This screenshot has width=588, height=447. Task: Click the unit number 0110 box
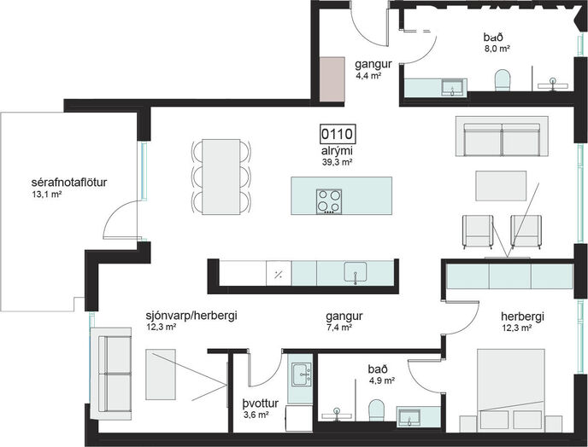[x=338, y=134]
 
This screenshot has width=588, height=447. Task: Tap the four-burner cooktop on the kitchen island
[x=329, y=201]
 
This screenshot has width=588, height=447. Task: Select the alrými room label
[x=337, y=151]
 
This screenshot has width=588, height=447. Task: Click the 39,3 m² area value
[x=337, y=162]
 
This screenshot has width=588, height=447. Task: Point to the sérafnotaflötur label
[x=69, y=183]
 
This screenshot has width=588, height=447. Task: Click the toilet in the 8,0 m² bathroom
[x=503, y=79]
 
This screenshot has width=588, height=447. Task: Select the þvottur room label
[x=261, y=403]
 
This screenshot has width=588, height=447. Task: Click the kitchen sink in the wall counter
[x=356, y=272]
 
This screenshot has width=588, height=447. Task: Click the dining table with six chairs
[x=220, y=177]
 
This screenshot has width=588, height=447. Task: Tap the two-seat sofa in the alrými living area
[x=503, y=136]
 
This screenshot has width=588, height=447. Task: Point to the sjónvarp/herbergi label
[x=191, y=316]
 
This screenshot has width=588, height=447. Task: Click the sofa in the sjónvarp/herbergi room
[x=111, y=374]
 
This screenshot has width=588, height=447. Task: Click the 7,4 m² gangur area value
[x=338, y=328]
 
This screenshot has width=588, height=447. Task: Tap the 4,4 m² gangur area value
[x=368, y=76]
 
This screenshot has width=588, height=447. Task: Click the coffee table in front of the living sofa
[x=501, y=186]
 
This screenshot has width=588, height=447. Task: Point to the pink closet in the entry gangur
[x=332, y=79]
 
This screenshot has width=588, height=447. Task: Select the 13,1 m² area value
[x=47, y=194]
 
